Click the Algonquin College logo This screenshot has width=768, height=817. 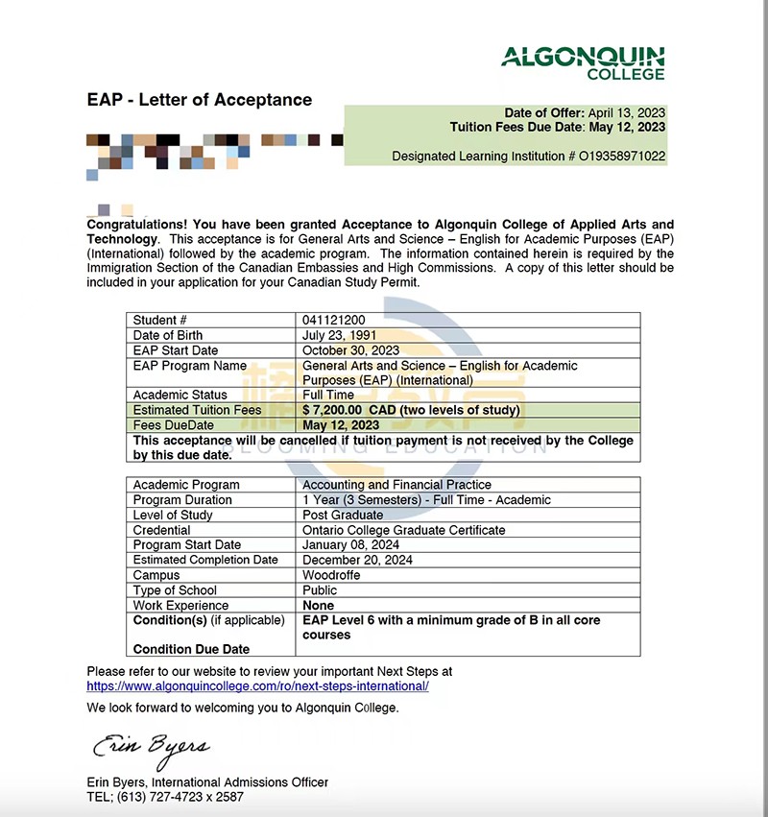tap(582, 62)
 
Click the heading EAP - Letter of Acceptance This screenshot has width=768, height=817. tap(200, 100)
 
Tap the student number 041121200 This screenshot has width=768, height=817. tap(333, 321)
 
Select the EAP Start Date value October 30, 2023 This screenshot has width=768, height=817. tap(350, 350)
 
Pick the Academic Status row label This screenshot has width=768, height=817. tap(180, 395)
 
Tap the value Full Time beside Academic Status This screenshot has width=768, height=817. tap(327, 395)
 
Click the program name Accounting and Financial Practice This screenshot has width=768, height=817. tap(396, 485)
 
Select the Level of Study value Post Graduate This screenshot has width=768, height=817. tap(343, 516)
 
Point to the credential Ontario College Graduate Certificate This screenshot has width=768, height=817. tap(403, 530)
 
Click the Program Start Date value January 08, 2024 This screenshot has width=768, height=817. tap(352, 545)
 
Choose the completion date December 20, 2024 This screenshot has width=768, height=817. tap(357, 560)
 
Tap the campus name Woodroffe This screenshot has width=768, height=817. tap(330, 575)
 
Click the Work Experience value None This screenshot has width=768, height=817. tap(318, 606)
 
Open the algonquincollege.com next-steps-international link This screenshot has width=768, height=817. tap(257, 686)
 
